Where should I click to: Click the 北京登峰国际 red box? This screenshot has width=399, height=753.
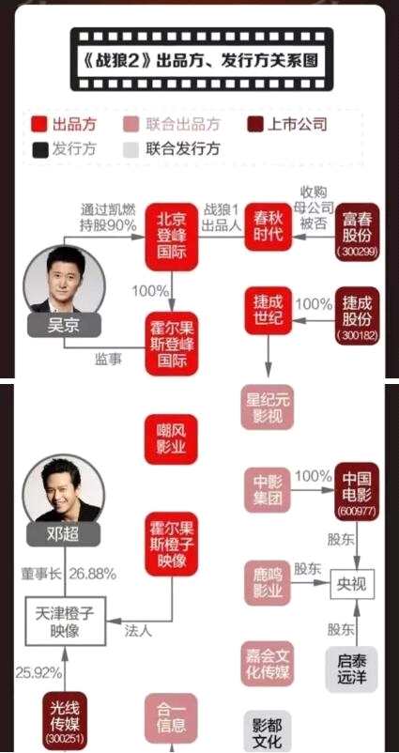(x=172, y=238)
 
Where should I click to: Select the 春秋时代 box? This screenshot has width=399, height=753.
(x=269, y=226)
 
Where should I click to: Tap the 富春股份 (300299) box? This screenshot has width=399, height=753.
(x=358, y=232)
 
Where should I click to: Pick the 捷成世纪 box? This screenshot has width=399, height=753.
(x=269, y=310)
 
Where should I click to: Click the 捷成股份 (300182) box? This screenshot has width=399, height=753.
(x=358, y=316)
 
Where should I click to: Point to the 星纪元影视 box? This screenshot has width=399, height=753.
(x=267, y=407)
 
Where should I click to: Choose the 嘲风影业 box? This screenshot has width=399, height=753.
(x=172, y=439)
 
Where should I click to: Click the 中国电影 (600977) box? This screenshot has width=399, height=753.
(x=357, y=491)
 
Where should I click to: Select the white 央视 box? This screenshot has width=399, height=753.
(x=352, y=583)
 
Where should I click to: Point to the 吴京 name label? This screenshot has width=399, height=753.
(x=64, y=326)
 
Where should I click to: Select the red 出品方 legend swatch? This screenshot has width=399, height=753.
(x=39, y=124)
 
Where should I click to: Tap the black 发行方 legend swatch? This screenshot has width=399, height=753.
(x=39, y=149)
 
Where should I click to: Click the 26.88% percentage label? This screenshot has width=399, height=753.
(x=93, y=574)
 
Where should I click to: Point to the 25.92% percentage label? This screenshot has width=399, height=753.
(x=38, y=673)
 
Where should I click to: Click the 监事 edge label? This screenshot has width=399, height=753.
(x=108, y=360)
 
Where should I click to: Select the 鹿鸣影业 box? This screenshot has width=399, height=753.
(x=268, y=582)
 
